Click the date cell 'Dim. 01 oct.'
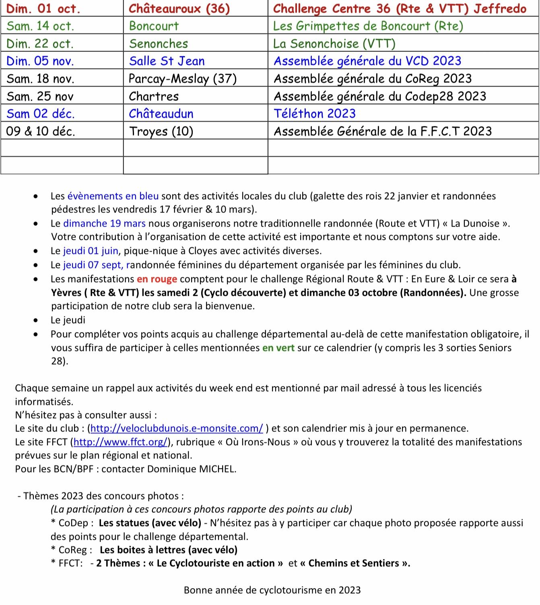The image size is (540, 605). click(43, 8)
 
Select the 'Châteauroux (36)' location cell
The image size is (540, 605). click(179, 8)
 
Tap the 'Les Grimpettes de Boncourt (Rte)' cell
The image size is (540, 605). click(368, 26)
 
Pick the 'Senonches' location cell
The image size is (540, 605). click(159, 43)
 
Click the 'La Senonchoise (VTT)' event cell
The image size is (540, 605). click(334, 43)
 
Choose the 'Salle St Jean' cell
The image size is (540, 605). click(167, 61)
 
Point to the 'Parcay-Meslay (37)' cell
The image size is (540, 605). click(183, 78)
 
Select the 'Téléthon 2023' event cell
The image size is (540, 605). click(315, 114)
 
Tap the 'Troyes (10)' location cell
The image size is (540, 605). click(161, 131)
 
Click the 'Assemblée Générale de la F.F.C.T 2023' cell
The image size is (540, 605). click(383, 131)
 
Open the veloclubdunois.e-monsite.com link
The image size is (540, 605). click(177, 428)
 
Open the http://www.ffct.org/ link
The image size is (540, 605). click(120, 442)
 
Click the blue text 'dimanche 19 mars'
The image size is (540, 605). click(104, 223)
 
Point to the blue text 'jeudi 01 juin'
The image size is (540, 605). click(91, 251)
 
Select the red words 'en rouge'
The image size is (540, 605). click(157, 279)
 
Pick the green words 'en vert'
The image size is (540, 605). click(278, 348)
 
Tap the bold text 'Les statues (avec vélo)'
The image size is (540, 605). click(150, 523)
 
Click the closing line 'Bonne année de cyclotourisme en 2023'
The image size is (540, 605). click(272, 590)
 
